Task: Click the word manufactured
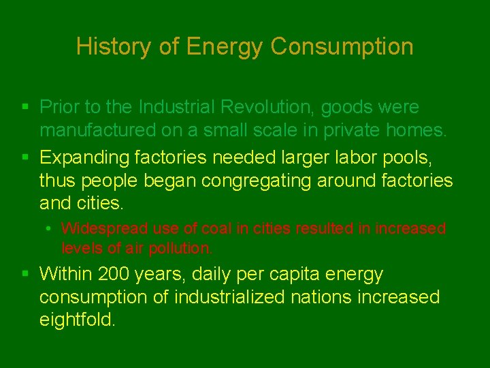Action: pyautogui.click(x=97, y=130)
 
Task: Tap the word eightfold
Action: pyautogui.click(x=77, y=320)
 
